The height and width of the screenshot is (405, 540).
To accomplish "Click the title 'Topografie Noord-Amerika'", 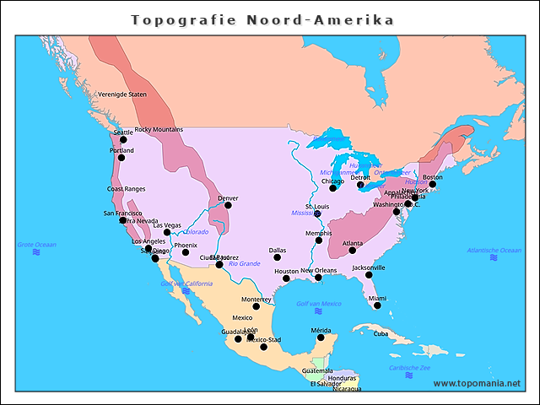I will (262, 19).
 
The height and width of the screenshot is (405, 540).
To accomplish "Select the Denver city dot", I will (228, 205).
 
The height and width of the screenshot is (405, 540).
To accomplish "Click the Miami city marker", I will (377, 305).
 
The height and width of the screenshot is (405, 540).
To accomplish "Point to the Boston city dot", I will (432, 183).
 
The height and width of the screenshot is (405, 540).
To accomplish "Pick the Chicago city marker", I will (332, 187).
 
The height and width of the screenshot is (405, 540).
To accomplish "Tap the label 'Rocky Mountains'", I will (159, 129).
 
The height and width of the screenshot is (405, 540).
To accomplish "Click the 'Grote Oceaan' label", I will (36, 245).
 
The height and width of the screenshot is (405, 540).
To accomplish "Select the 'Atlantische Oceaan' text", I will (494, 251).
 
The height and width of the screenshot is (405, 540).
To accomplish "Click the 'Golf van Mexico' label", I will (319, 304).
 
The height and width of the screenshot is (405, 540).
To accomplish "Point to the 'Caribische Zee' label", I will (410, 368).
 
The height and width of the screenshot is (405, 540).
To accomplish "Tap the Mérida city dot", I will (321, 337).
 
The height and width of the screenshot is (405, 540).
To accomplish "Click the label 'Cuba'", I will (381, 333).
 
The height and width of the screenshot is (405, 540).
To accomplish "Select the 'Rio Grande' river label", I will (245, 263).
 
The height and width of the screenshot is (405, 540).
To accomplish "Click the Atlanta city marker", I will (352, 250).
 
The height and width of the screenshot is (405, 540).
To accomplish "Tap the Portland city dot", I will (121, 157).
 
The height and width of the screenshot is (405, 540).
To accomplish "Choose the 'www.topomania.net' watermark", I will (477, 384).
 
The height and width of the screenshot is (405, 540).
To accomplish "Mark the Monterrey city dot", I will (256, 306).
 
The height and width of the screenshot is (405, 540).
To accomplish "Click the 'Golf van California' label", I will (186, 283).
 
